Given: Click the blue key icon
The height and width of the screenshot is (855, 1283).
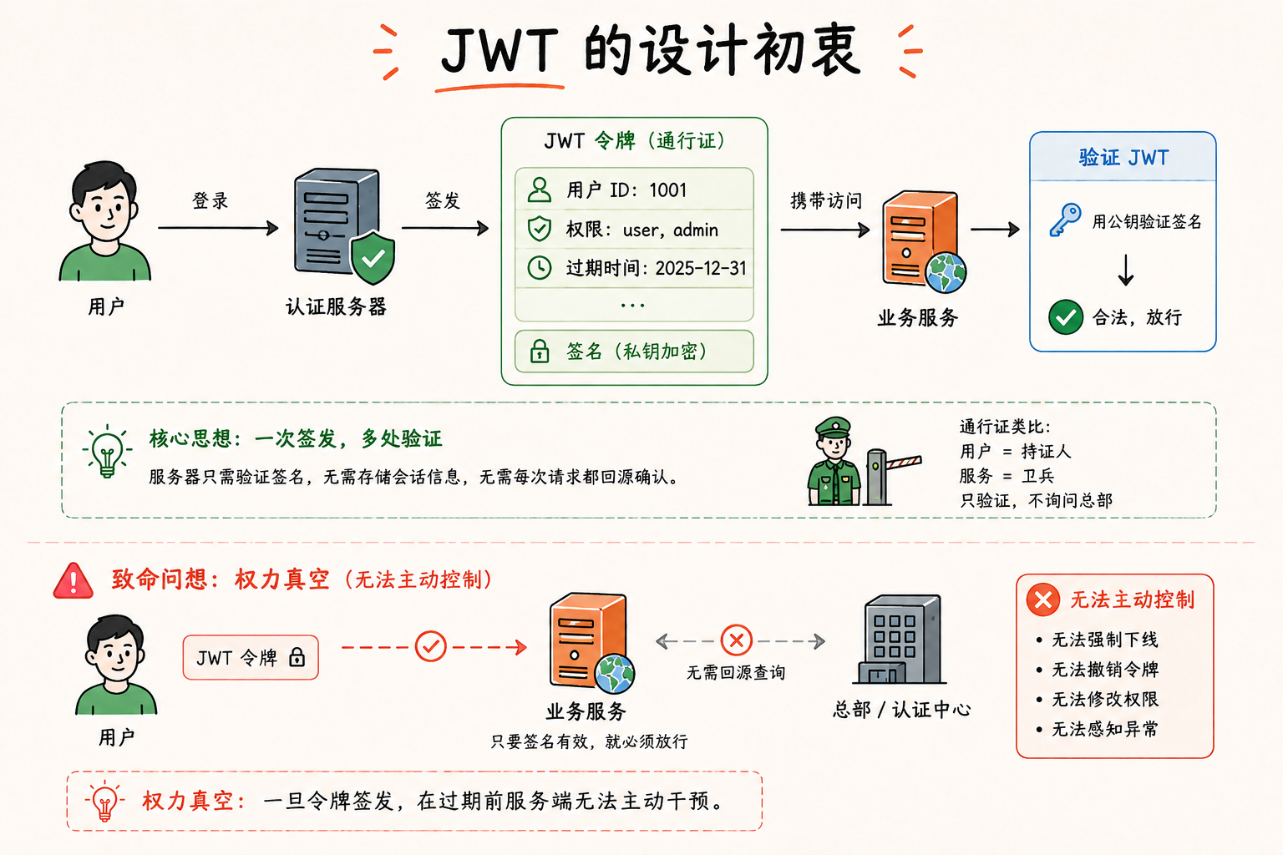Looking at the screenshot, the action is point(1064,220).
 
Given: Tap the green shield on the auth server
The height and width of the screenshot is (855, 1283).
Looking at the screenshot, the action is point(373,258).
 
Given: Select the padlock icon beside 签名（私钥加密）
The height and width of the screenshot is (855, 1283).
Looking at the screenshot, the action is point(539,351).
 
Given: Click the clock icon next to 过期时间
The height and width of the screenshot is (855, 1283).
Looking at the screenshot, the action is point(539,267).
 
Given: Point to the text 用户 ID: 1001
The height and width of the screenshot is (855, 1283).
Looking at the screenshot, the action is point(626,190).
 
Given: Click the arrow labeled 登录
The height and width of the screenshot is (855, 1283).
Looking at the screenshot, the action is point(218,228).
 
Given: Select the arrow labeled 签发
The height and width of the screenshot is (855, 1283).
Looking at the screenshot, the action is point(445,229).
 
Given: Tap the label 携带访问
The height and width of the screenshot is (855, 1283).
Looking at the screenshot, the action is point(826,200).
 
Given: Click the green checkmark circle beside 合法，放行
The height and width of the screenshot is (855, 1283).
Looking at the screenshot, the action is point(1065,316).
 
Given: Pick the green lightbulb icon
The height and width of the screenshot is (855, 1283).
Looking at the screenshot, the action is point(107,451).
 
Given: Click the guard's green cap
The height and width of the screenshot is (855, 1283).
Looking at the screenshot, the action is point(834,427).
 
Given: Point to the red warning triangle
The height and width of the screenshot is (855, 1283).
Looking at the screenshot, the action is point(73,580).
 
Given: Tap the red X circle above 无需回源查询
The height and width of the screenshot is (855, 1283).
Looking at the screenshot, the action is point(736,640).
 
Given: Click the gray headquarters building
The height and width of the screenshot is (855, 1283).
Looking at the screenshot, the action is point(899,639).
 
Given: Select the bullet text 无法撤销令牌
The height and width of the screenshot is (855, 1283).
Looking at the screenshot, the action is point(1105,670).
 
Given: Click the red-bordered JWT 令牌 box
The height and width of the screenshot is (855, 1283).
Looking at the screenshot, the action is point(251,657).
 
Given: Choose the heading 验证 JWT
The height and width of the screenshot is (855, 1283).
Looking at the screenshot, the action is point(1123,158).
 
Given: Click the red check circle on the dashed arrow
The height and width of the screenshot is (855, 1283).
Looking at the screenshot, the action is point(430,647).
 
